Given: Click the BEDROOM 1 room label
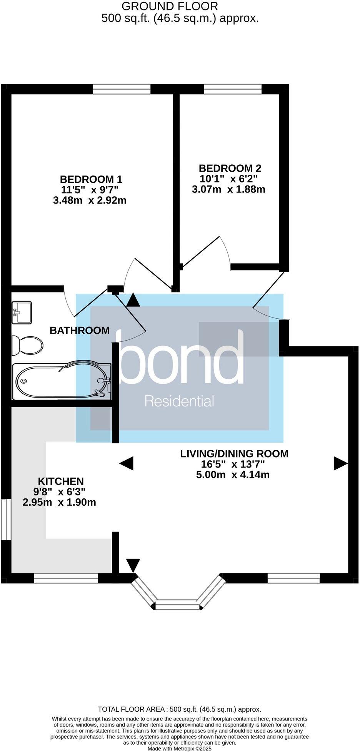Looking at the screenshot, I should point(91,179).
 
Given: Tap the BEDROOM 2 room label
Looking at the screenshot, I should point(230,168).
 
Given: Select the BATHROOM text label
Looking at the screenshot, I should point(80,331).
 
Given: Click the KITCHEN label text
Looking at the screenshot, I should point(60,481).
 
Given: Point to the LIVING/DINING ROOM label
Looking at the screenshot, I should point(234,454).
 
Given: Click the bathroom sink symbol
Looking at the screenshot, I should point(22,312).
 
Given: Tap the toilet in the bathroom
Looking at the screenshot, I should point(27,345).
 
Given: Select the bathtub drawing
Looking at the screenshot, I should point(62,381).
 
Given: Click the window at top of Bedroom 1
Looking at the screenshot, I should point(122,89).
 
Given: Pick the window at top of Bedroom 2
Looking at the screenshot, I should point(233,89).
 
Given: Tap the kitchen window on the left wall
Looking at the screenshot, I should point(5,519).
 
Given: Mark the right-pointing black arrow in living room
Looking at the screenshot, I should point(340,463).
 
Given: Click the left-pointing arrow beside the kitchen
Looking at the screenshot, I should point(127,463).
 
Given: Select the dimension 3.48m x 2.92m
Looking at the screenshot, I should point(90,201).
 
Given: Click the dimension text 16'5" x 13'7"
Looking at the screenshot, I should point(232,465).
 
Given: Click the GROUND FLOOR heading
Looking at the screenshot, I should point(170,6).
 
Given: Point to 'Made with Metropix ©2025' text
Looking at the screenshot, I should point(180,749).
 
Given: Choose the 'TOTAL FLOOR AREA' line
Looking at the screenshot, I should point(180,709).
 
